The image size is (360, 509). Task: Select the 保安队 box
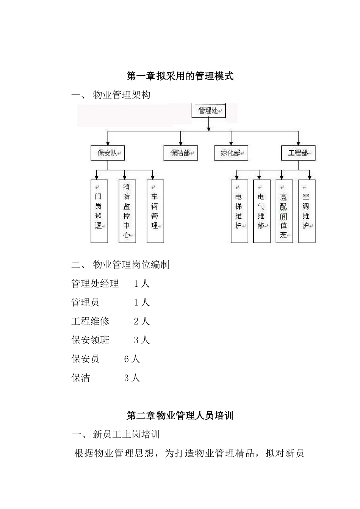coord(108,153)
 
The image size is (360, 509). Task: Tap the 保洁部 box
coord(180,153)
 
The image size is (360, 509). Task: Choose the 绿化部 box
coord(231,153)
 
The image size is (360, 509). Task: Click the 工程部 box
coord(298,153)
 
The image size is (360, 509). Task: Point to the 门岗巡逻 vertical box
coord(99,211)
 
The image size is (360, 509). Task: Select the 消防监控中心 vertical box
coord(127,211)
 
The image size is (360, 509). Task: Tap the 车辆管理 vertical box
coord(155,211)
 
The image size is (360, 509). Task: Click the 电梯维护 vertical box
coord(239,211)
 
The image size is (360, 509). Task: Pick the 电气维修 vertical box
coord(261,211)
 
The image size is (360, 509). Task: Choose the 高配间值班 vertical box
coord(284,211)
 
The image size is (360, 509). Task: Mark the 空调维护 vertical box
coord(307,211)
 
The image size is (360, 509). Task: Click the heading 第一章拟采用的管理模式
coord(180,77)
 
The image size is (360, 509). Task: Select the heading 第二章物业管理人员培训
coord(180,416)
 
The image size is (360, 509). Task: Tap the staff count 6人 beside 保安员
coord(132,359)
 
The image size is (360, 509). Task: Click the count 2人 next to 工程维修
coord(142,321)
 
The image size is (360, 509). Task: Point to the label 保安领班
coord(90,340)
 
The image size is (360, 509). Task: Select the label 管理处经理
coord(95,284)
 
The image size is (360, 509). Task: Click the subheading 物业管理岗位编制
coord(131,265)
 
